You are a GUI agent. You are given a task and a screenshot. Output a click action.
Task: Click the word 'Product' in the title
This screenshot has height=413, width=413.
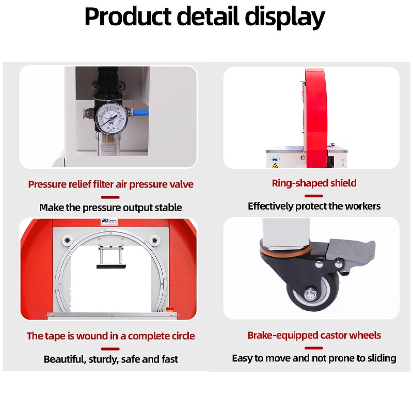[126, 17]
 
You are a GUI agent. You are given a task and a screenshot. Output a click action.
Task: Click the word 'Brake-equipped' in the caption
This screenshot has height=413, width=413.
[282, 336]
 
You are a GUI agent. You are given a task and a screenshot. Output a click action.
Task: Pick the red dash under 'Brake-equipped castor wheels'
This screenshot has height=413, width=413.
[313, 347]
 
